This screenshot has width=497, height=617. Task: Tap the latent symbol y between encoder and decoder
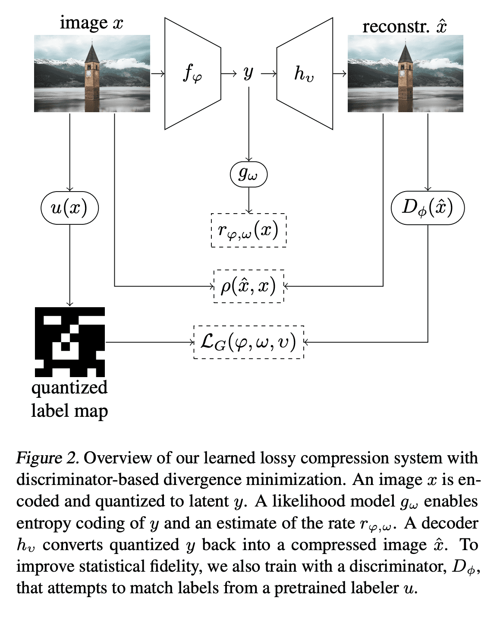point(248,73)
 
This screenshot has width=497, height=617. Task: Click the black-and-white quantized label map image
point(70,342)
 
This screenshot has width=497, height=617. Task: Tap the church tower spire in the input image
point(92,53)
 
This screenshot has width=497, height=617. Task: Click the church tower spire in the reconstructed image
point(405,53)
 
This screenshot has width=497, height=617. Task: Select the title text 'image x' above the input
point(91,22)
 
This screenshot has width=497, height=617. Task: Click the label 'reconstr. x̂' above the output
point(404,26)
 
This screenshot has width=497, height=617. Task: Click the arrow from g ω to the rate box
point(248,200)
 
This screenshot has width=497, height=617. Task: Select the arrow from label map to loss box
point(149,342)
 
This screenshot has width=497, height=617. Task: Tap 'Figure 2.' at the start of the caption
point(47,458)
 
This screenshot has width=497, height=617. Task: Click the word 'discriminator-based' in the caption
point(88,480)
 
